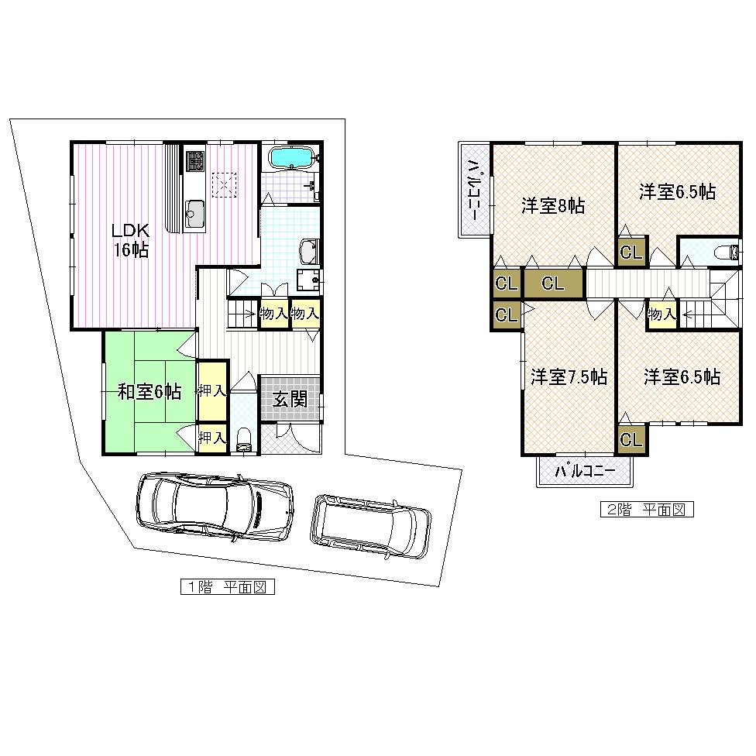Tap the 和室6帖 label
click(x=149, y=392)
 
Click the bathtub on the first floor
click(x=290, y=157)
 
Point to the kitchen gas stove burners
click(x=194, y=161)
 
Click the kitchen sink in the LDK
click(x=194, y=210)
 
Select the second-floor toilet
click(x=726, y=252)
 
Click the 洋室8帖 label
click(x=552, y=206)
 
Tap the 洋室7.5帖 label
click(x=569, y=377)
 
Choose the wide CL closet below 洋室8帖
click(x=552, y=283)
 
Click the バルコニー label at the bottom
click(x=586, y=471)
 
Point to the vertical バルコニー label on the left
click(x=472, y=190)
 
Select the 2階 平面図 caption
click(x=647, y=510)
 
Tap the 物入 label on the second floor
click(x=661, y=314)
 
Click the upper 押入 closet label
click(x=211, y=391)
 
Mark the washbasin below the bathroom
click(x=308, y=251)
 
